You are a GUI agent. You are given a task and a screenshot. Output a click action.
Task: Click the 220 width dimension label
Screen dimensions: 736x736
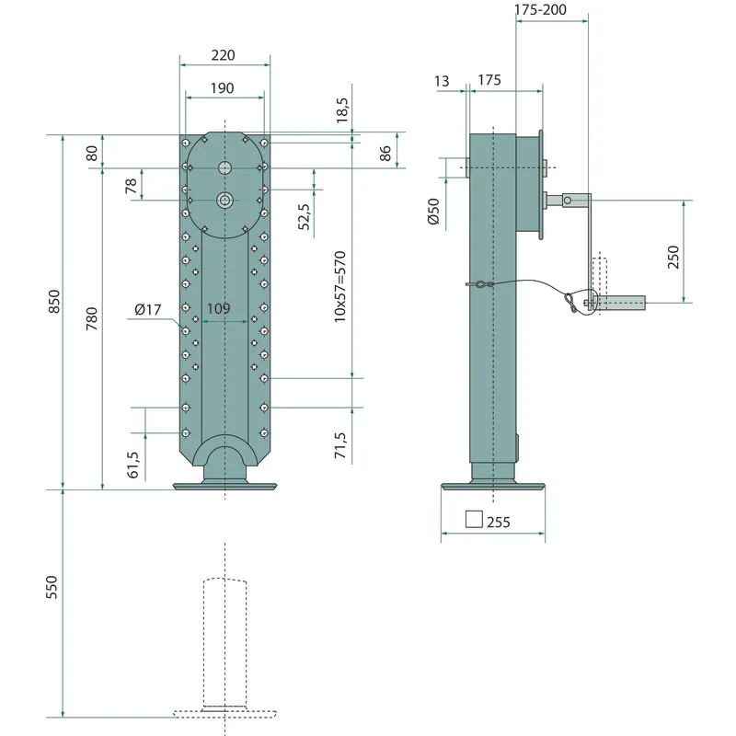tap(223, 55)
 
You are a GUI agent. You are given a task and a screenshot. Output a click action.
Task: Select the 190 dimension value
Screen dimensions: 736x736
tap(222, 88)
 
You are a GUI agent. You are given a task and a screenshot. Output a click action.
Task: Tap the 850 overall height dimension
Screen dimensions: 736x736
tap(54, 302)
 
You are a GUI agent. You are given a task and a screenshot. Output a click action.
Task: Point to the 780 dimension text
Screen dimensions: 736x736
tap(92, 318)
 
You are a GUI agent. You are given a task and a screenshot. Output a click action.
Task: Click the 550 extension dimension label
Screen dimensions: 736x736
tap(52, 587)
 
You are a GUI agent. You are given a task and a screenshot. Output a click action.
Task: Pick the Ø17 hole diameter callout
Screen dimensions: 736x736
tap(147, 310)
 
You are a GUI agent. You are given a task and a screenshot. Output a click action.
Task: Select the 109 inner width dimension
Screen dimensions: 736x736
tap(219, 308)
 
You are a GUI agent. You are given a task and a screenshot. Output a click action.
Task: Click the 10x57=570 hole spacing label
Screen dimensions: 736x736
tap(339, 287)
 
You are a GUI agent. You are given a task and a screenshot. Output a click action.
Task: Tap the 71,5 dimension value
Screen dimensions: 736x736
tap(339, 445)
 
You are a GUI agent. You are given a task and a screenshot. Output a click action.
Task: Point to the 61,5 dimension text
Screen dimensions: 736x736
tap(132, 465)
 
